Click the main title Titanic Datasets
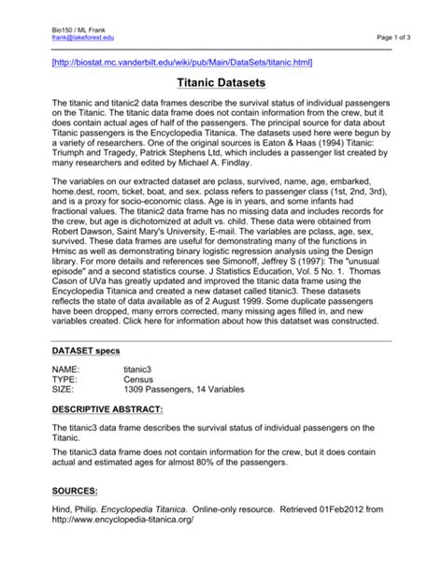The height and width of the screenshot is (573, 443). point(221,82)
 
